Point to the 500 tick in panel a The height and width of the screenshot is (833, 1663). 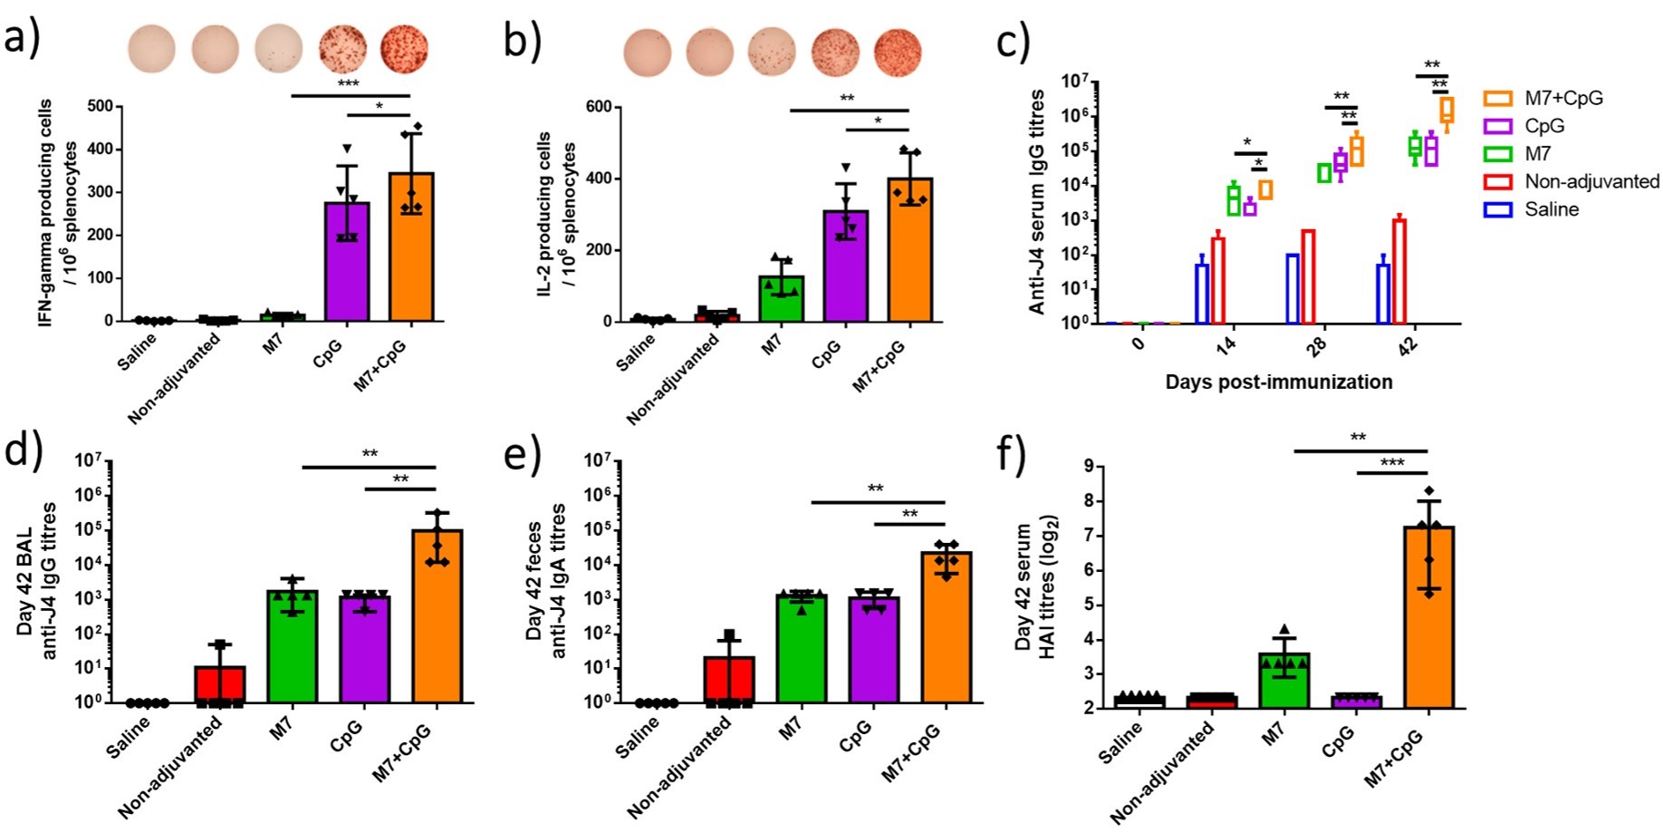[101, 107]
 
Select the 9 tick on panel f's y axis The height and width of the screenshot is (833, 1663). [1088, 467]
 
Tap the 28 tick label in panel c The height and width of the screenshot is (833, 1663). [1316, 345]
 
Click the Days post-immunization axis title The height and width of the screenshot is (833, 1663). [1278, 383]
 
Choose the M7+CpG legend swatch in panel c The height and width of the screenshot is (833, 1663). [1497, 98]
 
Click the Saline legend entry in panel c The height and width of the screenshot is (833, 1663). [1551, 209]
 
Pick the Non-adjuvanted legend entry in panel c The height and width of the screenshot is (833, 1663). [1591, 181]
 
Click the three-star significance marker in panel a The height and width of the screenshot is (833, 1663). [348, 84]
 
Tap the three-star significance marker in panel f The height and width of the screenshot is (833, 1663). [1391, 463]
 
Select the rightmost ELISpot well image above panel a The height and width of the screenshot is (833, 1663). [404, 49]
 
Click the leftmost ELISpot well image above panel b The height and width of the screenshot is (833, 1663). [647, 52]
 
